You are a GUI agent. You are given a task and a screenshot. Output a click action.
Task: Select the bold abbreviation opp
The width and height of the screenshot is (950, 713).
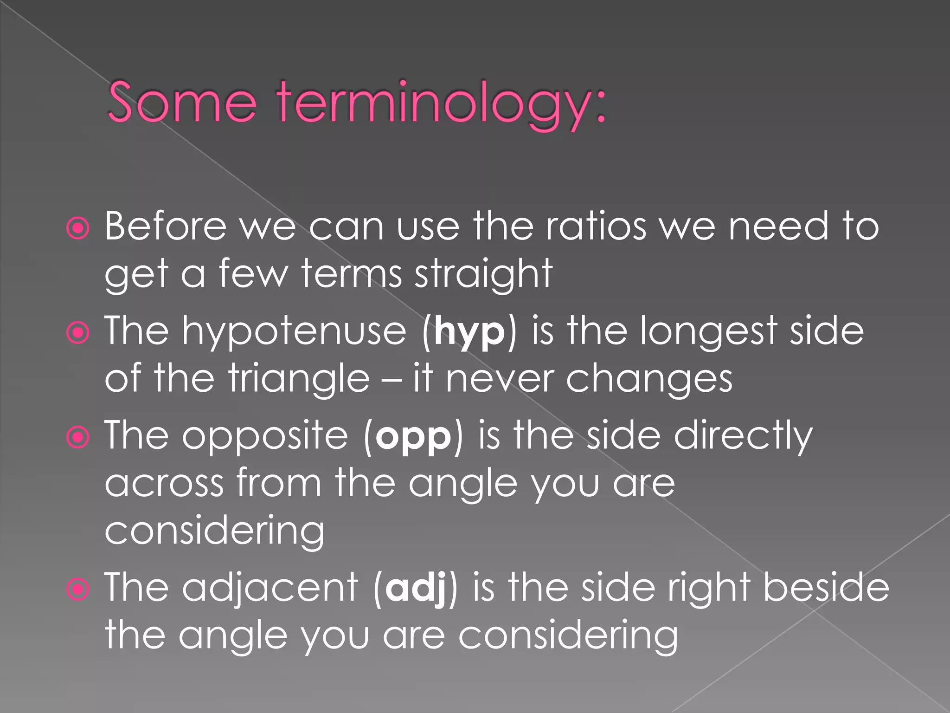(413, 438)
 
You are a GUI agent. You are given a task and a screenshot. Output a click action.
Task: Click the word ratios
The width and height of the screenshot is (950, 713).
(595, 227)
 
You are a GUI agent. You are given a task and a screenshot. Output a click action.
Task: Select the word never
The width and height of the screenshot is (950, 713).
(500, 379)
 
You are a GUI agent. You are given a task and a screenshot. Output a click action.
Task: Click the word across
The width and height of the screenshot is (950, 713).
(164, 484)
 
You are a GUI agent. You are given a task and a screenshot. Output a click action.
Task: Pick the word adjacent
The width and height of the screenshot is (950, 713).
(270, 589)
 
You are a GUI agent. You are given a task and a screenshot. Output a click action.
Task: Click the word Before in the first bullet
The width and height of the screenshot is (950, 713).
(166, 226)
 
